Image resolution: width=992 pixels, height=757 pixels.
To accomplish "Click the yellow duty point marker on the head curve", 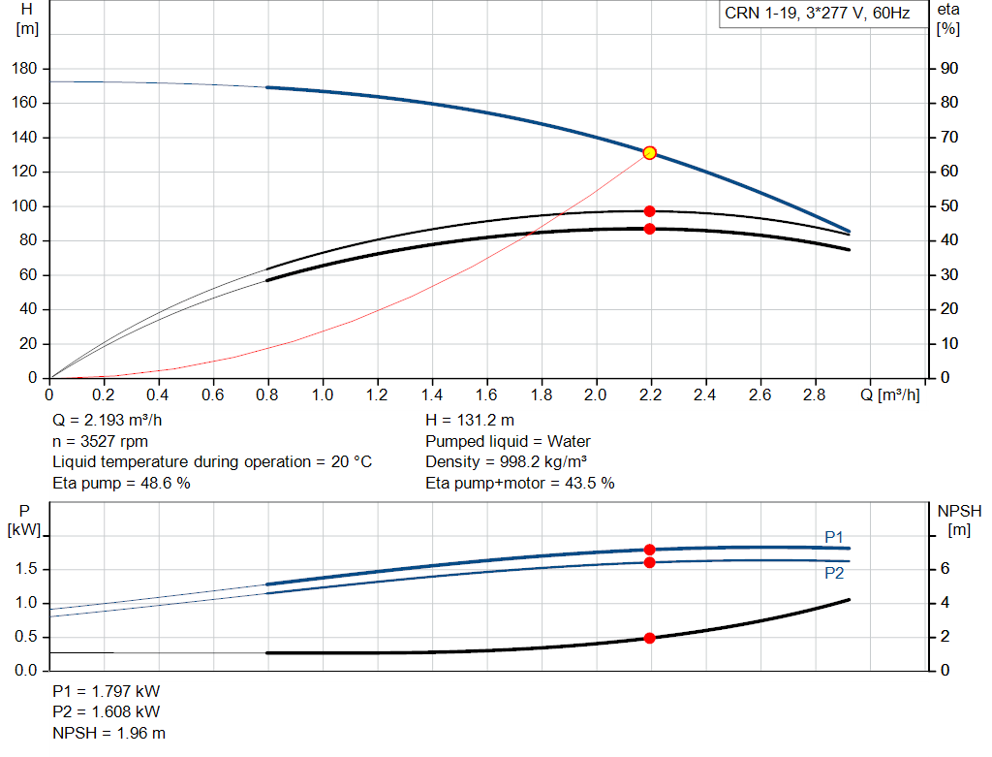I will pos(649,152).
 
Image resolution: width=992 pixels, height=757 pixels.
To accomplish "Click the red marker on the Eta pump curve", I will pos(649,211).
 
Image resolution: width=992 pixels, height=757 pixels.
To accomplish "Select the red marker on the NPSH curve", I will pos(649,638).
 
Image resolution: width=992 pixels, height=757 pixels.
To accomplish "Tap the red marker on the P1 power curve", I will pos(649,550).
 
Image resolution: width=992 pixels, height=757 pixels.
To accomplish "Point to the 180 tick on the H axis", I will pos(27,69).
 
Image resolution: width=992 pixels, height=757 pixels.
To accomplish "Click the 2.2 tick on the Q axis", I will pos(651,395).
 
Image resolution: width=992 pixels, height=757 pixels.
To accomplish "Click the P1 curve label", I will pos(834,537).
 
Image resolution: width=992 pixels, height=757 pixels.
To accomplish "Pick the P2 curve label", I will pos(834,573).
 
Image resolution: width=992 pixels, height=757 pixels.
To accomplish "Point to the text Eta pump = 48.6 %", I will pos(121,483).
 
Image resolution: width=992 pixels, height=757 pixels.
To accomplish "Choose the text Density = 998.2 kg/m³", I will pos(507,462).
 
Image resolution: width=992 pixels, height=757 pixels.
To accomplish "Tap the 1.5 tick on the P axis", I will pos(26,569).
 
